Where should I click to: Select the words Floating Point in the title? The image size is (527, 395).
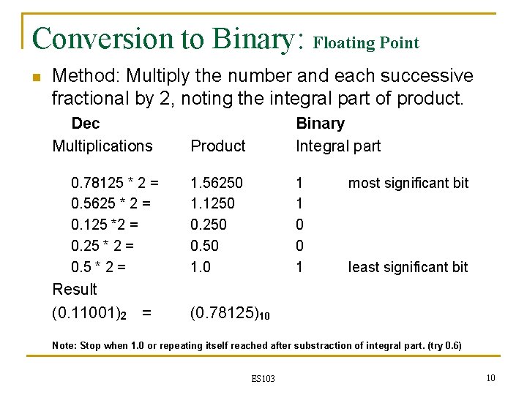[366, 43]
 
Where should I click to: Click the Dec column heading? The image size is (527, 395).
[85, 124]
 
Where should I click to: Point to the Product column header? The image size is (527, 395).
[217, 146]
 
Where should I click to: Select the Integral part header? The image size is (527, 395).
[338, 146]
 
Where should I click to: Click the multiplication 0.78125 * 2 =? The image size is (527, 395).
[115, 183]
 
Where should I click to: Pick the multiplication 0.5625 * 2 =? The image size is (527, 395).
[111, 204]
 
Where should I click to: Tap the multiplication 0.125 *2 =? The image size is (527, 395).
[105, 225]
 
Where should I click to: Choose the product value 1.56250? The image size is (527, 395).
[217, 183]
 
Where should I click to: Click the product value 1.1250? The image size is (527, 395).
[212, 204]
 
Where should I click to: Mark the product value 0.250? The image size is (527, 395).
[209, 225]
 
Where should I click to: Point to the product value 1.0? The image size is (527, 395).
[200, 268]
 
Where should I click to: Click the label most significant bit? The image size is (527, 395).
[408, 183]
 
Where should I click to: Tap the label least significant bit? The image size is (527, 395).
[408, 268]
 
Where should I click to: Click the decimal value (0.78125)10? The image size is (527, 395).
[230, 314]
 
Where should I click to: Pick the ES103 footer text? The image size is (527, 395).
[263, 378]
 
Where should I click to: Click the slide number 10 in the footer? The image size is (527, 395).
[491, 377]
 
